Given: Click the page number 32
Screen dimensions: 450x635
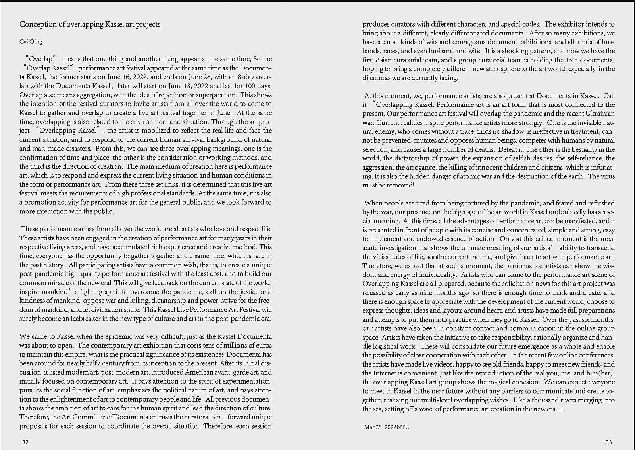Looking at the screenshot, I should pyautogui.click(x=25, y=442).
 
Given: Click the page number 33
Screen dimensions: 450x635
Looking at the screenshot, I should pyautogui.click(x=609, y=442).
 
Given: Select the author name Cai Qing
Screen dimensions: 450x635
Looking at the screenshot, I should pyautogui.click(x=31, y=42).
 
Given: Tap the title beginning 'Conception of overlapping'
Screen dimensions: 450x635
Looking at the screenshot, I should pyautogui.click(x=90, y=24).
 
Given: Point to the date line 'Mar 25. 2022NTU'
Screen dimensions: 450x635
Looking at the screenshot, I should pyautogui.click(x=387, y=427).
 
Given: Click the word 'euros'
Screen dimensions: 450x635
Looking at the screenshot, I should pyautogui.click(x=264, y=345).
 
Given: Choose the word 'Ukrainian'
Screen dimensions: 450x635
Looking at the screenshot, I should pyautogui.click(x=597, y=114).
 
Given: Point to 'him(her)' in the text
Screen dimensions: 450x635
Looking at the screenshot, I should pyautogui.click(x=600, y=373).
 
